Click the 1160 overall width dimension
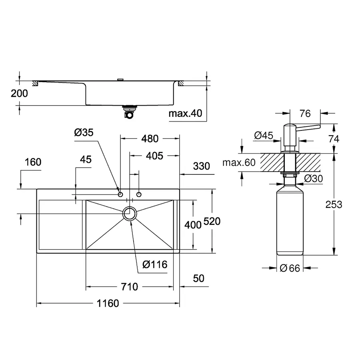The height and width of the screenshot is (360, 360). [107, 304]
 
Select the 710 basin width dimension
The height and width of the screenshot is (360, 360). [129, 287]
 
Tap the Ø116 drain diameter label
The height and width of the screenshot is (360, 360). [154, 264]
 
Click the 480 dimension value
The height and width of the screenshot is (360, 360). [150, 139]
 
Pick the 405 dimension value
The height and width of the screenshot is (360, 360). [154, 156]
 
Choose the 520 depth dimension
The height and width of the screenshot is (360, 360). [212, 221]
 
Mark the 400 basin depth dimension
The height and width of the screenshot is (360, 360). [193, 225]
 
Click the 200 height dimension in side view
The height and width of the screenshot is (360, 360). [20, 94]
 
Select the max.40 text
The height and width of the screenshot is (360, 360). [185, 114]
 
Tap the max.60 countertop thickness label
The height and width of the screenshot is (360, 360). [239, 162]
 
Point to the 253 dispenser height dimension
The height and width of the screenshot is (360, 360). [334, 204]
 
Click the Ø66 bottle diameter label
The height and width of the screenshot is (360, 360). [290, 268]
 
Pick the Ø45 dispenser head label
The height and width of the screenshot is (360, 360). [264, 136]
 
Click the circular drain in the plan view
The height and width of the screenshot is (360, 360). [130, 214]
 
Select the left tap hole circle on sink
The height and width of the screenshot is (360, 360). [120, 194]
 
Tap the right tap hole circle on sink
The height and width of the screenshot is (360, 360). [139, 194]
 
